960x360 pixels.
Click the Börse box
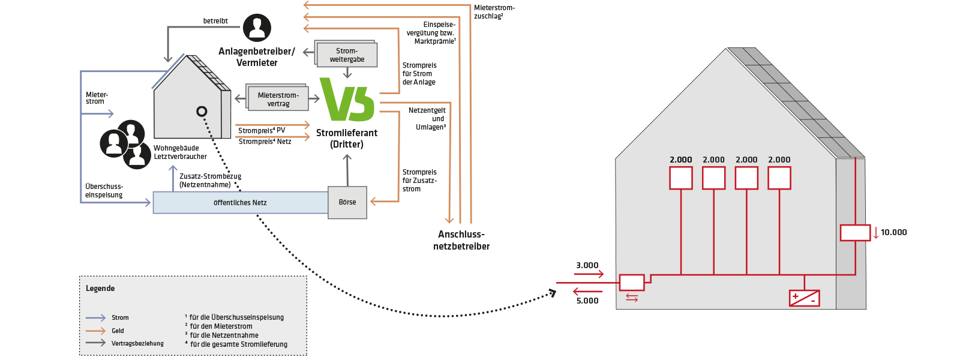click(x=347, y=203)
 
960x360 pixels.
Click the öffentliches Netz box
click(x=240, y=203)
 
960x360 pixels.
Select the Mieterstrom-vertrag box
click(x=278, y=100)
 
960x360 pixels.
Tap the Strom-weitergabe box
click(x=347, y=55)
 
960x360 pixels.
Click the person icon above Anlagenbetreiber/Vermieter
click(x=257, y=28)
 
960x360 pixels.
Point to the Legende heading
click(x=100, y=289)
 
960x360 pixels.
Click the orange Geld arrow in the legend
click(x=95, y=331)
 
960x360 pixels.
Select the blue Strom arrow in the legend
click(x=95, y=317)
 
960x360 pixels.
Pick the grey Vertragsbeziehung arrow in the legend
click(x=95, y=343)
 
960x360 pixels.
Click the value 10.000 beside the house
click(x=893, y=232)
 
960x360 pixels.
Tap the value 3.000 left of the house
click(x=587, y=265)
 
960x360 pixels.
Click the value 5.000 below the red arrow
click(x=587, y=301)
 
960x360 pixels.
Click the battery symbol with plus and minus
click(x=804, y=298)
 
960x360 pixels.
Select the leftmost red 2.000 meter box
click(x=681, y=178)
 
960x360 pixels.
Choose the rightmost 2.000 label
click(x=779, y=160)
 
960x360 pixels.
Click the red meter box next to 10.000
click(x=855, y=232)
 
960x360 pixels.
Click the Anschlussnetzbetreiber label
click(x=461, y=240)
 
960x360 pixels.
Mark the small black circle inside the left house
click(x=202, y=111)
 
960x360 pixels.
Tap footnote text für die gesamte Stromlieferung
click(x=238, y=344)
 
